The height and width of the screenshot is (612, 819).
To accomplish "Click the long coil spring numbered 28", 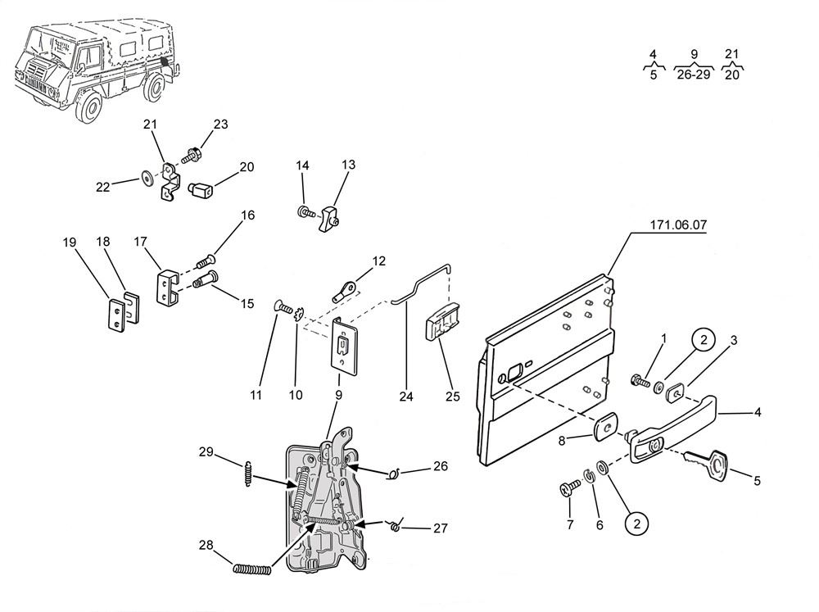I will pyautogui.click(x=253, y=569).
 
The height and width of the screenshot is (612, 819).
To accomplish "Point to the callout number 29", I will pyautogui.click(x=206, y=451).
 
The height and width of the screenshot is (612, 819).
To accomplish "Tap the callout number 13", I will pyautogui.click(x=349, y=165).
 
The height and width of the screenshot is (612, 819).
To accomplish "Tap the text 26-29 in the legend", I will pyautogui.click(x=694, y=75).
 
